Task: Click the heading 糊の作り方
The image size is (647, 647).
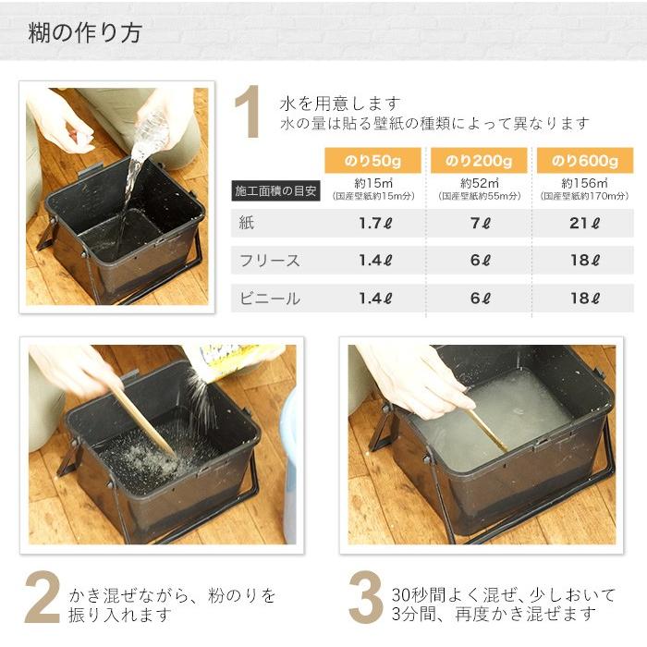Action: click(84, 33)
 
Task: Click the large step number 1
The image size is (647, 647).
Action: click(247, 113)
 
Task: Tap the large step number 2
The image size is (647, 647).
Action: click(42, 598)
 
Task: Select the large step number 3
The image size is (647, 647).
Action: click(365, 598)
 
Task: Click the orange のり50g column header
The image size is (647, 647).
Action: click(375, 161)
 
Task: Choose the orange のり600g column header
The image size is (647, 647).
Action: click(585, 161)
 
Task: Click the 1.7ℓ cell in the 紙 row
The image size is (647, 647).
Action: click(375, 223)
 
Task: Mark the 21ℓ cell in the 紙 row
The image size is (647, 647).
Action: click(585, 223)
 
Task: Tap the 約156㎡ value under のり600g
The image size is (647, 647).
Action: click(585, 183)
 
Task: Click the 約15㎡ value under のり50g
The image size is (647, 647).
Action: click(375, 183)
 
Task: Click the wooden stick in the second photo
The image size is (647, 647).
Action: click(144, 421)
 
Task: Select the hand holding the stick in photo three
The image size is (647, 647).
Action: click(416, 379)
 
